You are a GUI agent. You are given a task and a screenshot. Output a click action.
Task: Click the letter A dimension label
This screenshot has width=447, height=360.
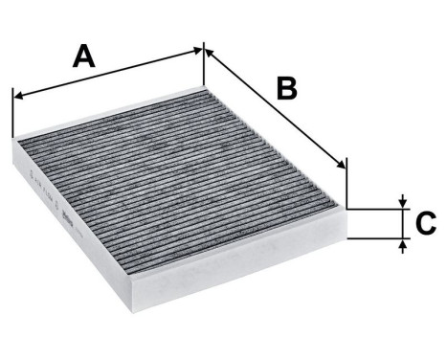(x=85, y=56)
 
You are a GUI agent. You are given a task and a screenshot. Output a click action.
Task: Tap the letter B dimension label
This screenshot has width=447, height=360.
(x=287, y=87)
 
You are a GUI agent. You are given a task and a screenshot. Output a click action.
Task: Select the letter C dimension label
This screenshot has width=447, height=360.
(x=426, y=224)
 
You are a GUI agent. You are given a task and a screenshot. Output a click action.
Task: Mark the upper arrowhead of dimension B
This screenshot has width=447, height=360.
(x=210, y=52)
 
